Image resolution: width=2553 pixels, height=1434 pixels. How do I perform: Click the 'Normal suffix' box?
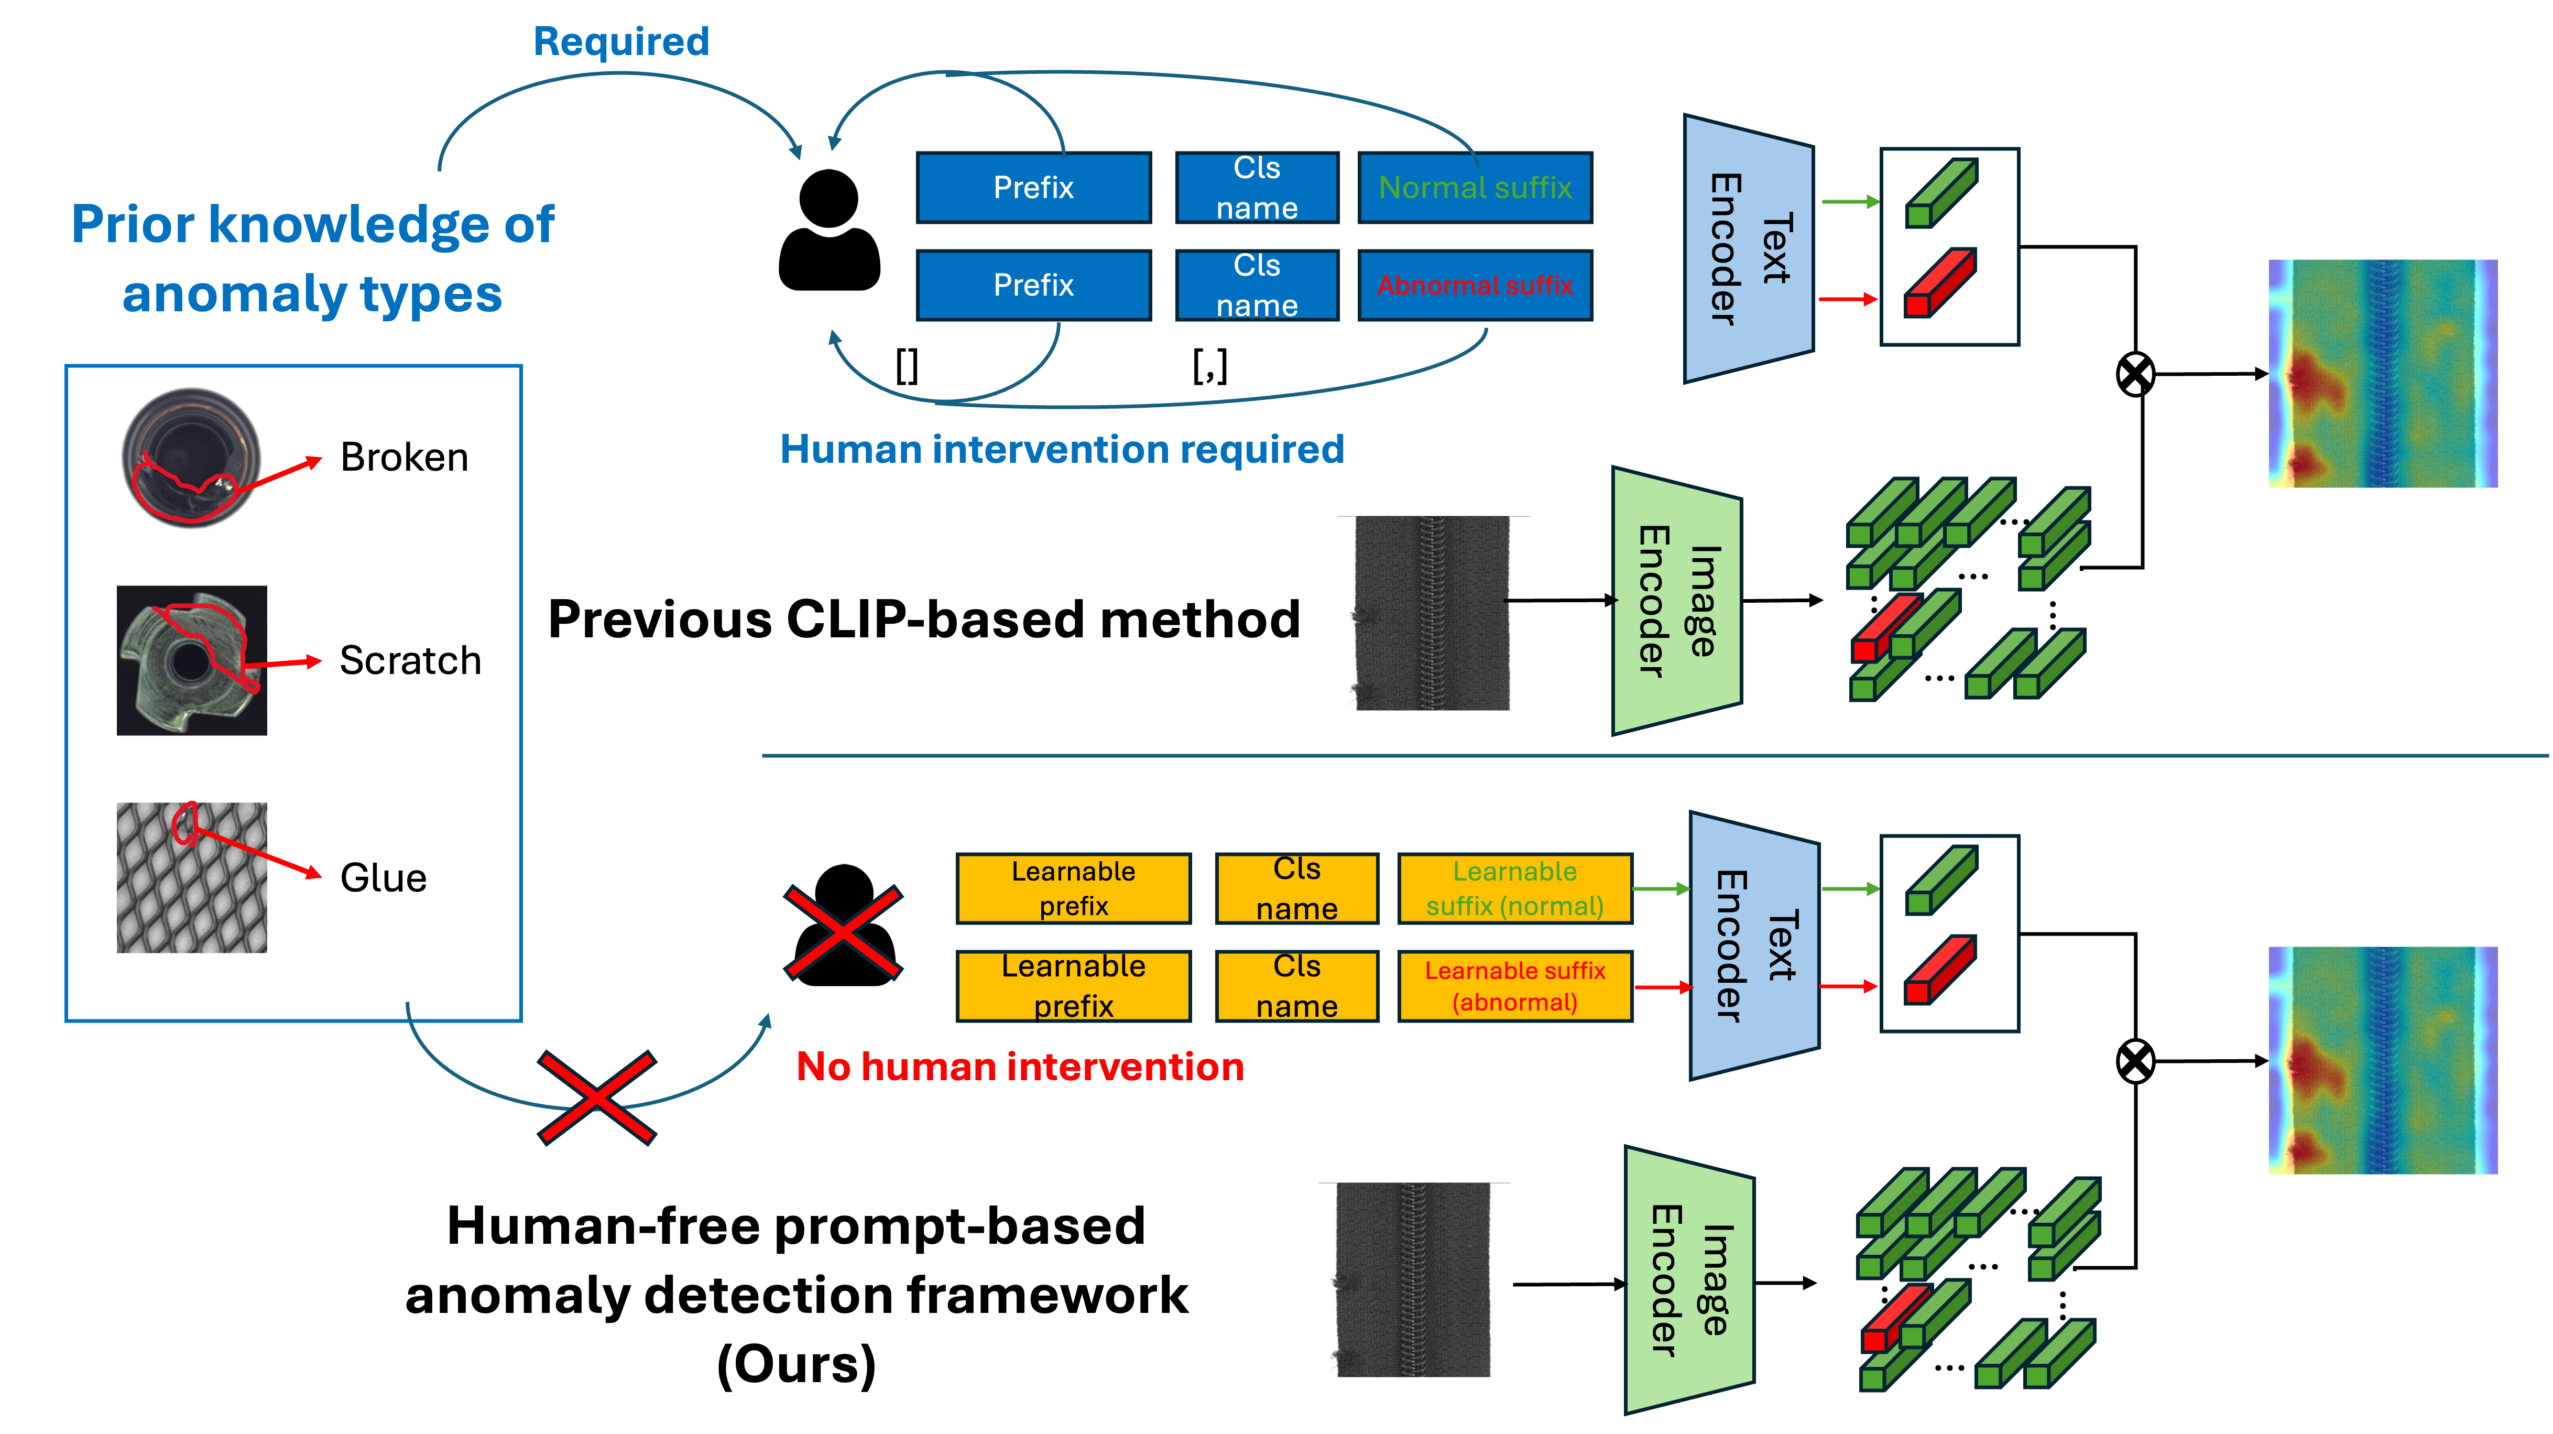[x=1475, y=187]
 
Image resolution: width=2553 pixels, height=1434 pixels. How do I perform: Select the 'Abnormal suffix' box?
[x=1475, y=286]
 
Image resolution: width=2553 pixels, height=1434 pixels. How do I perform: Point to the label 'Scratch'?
[x=410, y=660]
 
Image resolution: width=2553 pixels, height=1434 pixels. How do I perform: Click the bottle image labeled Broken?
[x=191, y=457]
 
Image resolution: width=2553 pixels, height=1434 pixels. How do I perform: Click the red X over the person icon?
[x=844, y=932]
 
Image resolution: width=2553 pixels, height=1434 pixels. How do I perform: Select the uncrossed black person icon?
[x=830, y=230]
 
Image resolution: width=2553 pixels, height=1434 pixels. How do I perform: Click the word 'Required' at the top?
[x=621, y=41]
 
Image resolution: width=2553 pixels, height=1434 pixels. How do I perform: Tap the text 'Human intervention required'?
[x=1062, y=449]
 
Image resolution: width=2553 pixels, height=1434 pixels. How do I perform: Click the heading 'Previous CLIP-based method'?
[x=924, y=620]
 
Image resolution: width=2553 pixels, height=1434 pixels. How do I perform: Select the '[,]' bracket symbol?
[x=1210, y=366]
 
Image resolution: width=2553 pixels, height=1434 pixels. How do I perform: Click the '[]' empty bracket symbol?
[x=907, y=366]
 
